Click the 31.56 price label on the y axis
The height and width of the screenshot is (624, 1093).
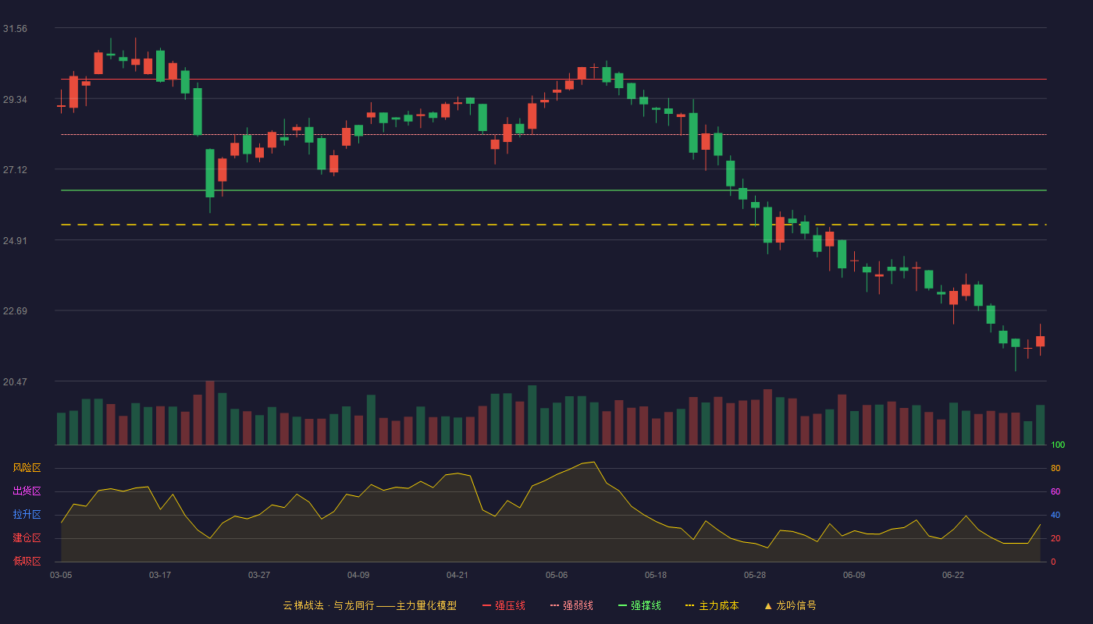click(x=15, y=29)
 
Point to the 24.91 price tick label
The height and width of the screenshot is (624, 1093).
click(x=15, y=240)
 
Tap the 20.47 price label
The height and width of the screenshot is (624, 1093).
click(x=15, y=381)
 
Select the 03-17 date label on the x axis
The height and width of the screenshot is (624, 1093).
click(x=160, y=575)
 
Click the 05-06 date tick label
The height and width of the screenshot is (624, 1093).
click(x=557, y=575)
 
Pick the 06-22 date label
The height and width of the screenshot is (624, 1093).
click(x=953, y=575)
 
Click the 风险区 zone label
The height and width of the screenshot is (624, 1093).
click(x=27, y=468)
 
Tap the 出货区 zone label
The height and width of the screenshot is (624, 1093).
click(x=27, y=491)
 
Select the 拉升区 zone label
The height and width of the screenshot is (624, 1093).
click(x=27, y=514)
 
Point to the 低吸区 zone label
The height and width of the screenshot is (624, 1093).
click(x=27, y=561)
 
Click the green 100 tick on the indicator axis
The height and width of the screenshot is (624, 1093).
click(x=1058, y=445)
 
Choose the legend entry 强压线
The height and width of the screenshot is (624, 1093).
click(x=504, y=605)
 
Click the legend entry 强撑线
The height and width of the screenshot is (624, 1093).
click(x=639, y=605)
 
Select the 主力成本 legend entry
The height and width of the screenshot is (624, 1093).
click(x=712, y=605)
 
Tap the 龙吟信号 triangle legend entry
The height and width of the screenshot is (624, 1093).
click(x=790, y=605)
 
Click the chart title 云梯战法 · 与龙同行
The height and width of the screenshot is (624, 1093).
click(x=329, y=605)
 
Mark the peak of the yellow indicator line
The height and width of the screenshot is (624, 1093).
click(x=594, y=462)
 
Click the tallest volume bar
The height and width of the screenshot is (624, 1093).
click(x=210, y=413)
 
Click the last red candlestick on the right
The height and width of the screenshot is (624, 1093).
click(x=1040, y=341)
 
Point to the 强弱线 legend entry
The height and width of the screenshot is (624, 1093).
click(x=571, y=605)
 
